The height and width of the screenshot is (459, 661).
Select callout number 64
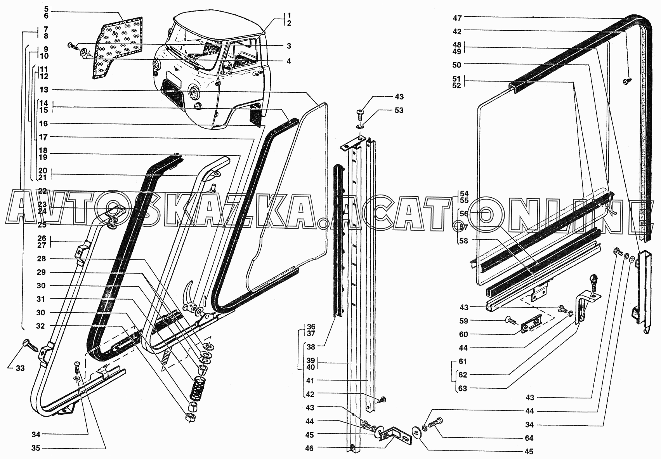(x=529, y=438)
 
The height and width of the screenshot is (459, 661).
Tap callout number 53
(x=399, y=110)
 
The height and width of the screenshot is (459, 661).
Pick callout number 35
(x=36, y=448)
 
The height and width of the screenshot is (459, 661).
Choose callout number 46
(x=309, y=448)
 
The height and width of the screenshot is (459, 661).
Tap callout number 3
(x=288, y=46)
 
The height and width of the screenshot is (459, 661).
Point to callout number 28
(x=41, y=259)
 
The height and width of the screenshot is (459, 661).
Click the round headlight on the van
(x=193, y=93)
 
